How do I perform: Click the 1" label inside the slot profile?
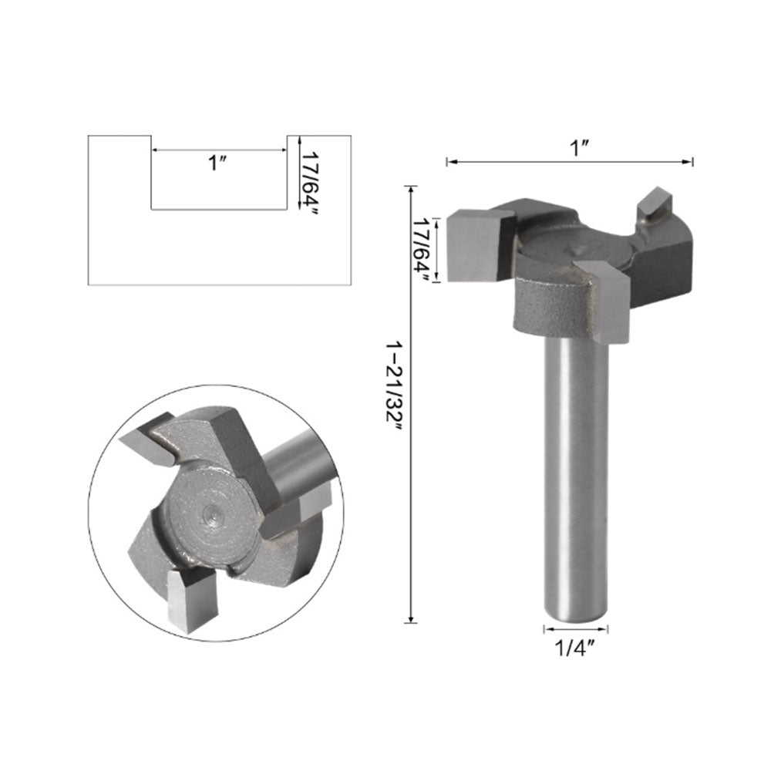pyautogui.click(x=217, y=163)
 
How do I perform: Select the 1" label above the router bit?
pyautogui.click(x=579, y=147)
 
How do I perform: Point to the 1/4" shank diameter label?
pyautogui.click(x=575, y=647)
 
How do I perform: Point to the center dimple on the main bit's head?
pyautogui.click(x=578, y=248)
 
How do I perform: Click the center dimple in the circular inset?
pyautogui.click(x=210, y=510)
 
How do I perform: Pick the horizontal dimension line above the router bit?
pyautogui.click(x=571, y=161)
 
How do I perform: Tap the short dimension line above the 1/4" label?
pyautogui.click(x=576, y=628)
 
